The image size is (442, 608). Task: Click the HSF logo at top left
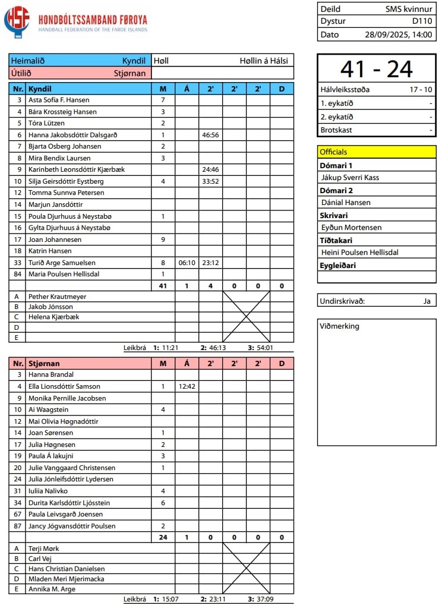[x=16, y=23]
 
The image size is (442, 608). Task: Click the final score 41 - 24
[x=376, y=70]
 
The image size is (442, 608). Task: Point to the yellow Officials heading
[x=334, y=152]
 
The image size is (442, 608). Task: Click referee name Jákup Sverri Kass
[x=350, y=177]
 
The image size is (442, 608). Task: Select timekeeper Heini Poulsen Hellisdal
[x=359, y=252]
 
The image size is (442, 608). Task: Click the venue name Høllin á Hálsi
[x=264, y=61]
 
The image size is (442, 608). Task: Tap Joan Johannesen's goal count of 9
[x=163, y=240]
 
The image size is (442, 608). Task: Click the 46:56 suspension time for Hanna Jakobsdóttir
[x=210, y=135]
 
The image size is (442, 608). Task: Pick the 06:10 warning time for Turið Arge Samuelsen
[x=187, y=263]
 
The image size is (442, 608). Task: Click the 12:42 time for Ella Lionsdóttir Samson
[x=187, y=386]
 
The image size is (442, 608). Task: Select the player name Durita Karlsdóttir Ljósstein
[x=69, y=503]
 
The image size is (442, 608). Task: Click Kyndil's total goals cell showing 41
[x=163, y=286]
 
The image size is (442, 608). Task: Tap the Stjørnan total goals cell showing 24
[x=163, y=537]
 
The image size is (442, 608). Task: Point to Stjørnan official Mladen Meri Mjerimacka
[x=66, y=578]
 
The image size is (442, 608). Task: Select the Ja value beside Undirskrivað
[x=427, y=301]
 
